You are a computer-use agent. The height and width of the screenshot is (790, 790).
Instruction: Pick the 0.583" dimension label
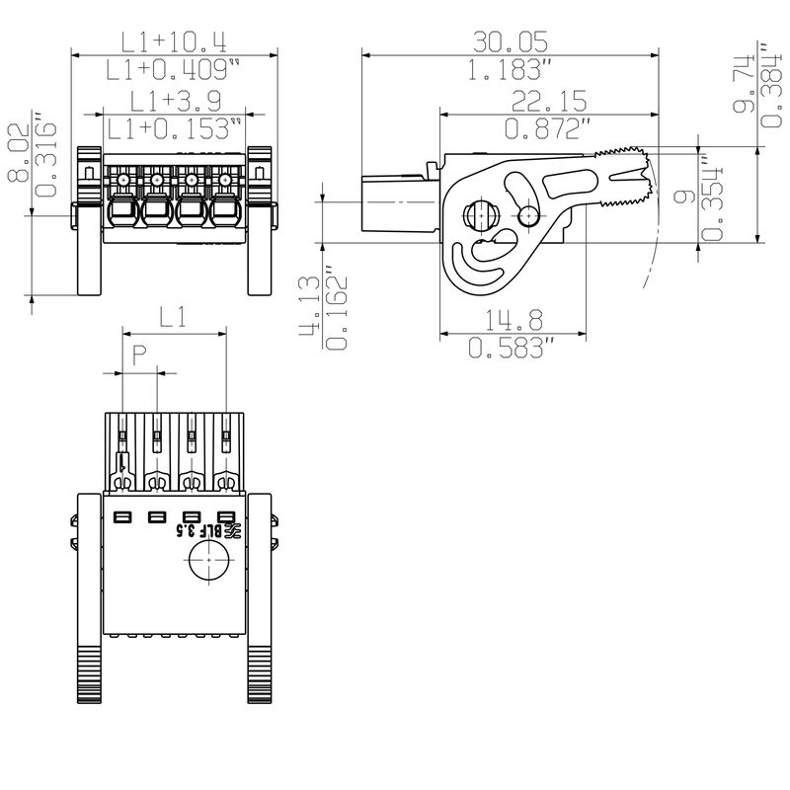512,348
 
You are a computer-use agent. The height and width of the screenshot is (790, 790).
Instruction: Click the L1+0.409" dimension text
174,69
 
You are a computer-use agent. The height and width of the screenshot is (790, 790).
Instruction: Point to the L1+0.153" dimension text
174,128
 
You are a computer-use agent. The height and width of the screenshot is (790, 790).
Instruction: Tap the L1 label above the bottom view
174,317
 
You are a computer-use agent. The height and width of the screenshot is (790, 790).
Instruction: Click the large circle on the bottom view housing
207,565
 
